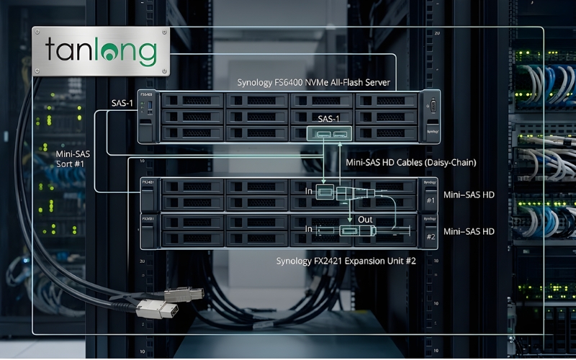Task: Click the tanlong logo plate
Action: click(x=100, y=52)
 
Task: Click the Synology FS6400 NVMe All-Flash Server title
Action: click(x=314, y=83)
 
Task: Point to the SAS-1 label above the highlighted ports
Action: click(x=328, y=117)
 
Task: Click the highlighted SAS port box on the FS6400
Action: click(x=329, y=134)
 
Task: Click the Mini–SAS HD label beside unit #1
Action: click(x=469, y=194)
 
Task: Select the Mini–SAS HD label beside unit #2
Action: click(x=469, y=231)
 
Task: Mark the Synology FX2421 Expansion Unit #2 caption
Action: click(x=346, y=261)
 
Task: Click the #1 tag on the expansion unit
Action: click(x=431, y=201)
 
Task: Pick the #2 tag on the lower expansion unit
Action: click(x=431, y=236)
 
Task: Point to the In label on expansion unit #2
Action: click(x=310, y=229)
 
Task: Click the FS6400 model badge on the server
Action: click(x=147, y=95)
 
